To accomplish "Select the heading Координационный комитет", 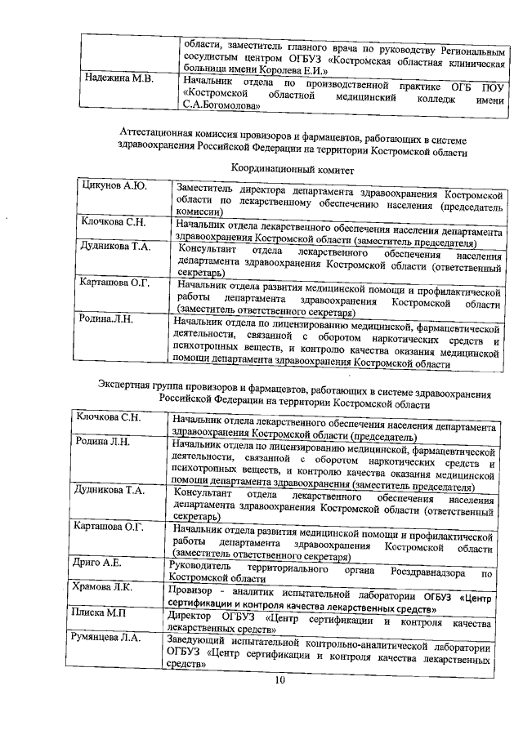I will pyautogui.click(x=292, y=168).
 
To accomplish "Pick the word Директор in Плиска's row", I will pyautogui.click(x=190, y=612).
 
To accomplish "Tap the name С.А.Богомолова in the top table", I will pyautogui.click(x=221, y=105).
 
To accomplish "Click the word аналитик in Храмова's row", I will pyautogui.click(x=247, y=588).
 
